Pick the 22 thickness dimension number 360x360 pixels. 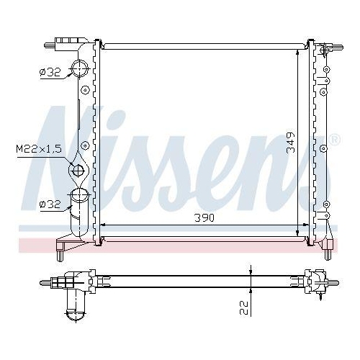click(246, 307)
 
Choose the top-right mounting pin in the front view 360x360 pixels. click(328, 48)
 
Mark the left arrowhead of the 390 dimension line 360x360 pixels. click(102, 225)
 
